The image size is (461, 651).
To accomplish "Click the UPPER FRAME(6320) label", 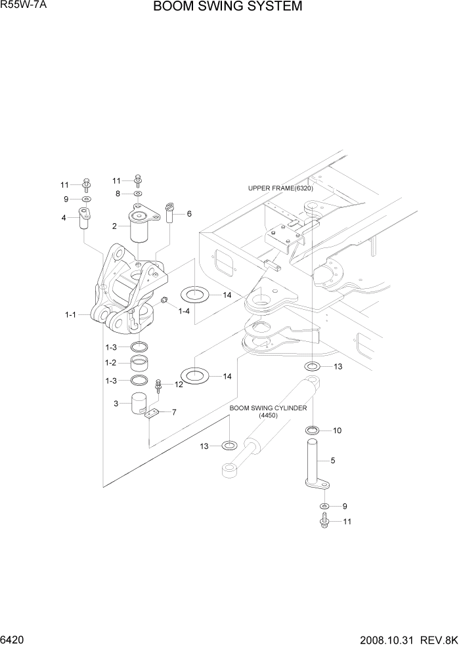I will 280,188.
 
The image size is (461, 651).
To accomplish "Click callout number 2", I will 114,226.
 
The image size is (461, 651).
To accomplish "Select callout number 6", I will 189,214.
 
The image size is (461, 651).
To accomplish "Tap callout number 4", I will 64,218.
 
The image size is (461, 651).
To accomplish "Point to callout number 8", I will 118,194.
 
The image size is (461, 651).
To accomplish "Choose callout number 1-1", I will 70,315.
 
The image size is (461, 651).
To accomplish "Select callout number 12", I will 178,385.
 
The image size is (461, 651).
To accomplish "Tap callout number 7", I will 173,412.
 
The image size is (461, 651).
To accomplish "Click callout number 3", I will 116,404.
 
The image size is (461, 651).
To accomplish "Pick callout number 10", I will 337,430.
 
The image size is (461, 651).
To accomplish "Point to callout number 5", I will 332,461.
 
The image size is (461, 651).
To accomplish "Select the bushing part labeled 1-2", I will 139,363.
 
